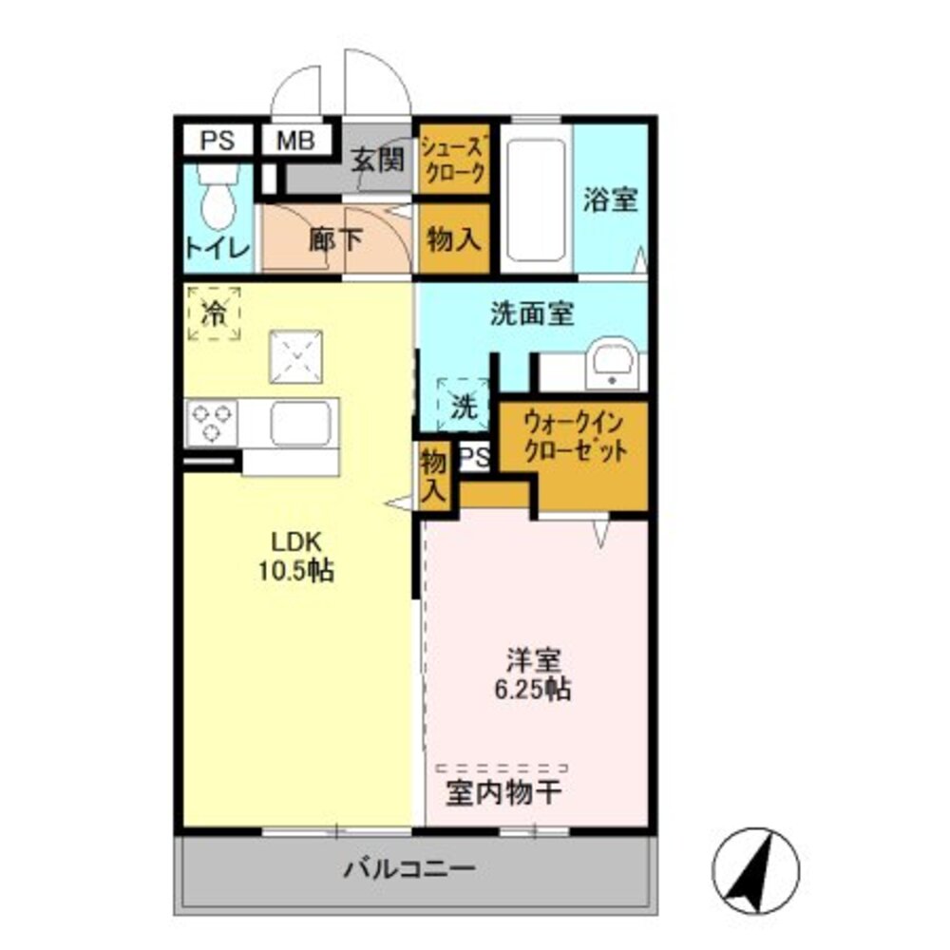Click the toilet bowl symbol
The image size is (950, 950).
pyautogui.click(x=218, y=197)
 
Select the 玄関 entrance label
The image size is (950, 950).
pyautogui.click(x=377, y=159)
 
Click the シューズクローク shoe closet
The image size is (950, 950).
pyautogui.click(x=454, y=159)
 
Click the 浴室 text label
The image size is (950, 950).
pyautogui.click(x=610, y=199)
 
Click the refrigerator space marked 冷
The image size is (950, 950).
pyautogui.click(x=215, y=312)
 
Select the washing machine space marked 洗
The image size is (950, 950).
pyautogui.click(x=462, y=407)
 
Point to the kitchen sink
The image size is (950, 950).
pyautogui.click(x=302, y=423)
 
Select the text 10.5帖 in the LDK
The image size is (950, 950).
pyautogui.click(x=298, y=572)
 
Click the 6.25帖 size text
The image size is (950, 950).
pyautogui.click(x=532, y=690)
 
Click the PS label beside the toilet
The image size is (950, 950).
pyautogui.click(x=217, y=141)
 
